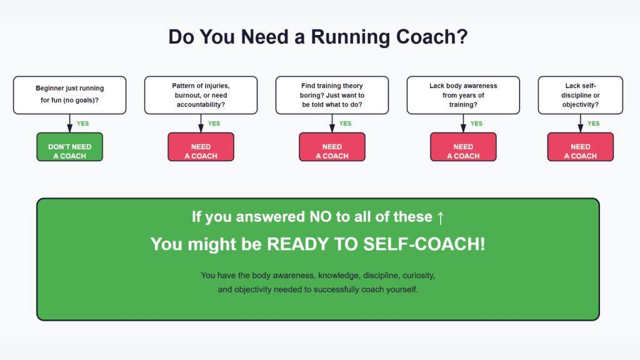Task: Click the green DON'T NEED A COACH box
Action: point(70,147)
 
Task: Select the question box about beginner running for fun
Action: point(70,95)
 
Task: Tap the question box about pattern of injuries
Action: point(201,95)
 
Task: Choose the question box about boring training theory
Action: point(332,95)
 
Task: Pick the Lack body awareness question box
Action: point(463,95)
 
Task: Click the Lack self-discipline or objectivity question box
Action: point(581,95)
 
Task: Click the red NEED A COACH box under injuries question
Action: point(201,147)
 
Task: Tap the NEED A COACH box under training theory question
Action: point(332,147)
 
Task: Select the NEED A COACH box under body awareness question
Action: point(463,147)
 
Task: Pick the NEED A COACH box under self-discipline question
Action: point(581,147)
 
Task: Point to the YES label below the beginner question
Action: point(83,123)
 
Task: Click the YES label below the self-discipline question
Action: point(594,123)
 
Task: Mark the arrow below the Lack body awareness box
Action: point(463,123)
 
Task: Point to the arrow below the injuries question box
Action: point(201,123)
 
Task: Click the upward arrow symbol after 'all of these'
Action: point(441,217)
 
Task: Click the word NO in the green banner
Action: point(321,217)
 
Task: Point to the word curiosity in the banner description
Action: point(419,276)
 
